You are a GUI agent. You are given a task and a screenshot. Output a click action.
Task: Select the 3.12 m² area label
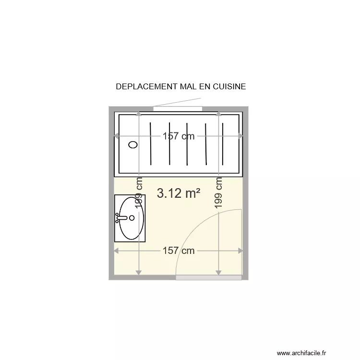[179, 193]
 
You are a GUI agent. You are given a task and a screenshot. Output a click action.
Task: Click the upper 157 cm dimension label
[179, 136]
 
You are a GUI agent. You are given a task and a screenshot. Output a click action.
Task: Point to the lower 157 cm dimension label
[179, 251]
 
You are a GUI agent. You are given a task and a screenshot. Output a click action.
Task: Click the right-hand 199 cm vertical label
[219, 192]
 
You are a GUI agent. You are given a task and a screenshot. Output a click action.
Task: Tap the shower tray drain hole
[133, 144]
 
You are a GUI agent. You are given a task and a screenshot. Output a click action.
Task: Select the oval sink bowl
[132, 218]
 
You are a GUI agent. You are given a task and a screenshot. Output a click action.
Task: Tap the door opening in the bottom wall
[208, 278]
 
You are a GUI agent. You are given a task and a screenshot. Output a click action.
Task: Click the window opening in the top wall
[178, 108]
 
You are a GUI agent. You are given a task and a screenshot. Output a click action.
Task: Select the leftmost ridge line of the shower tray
[151, 143]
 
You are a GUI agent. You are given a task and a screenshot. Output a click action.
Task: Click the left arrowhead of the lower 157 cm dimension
[116, 251]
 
